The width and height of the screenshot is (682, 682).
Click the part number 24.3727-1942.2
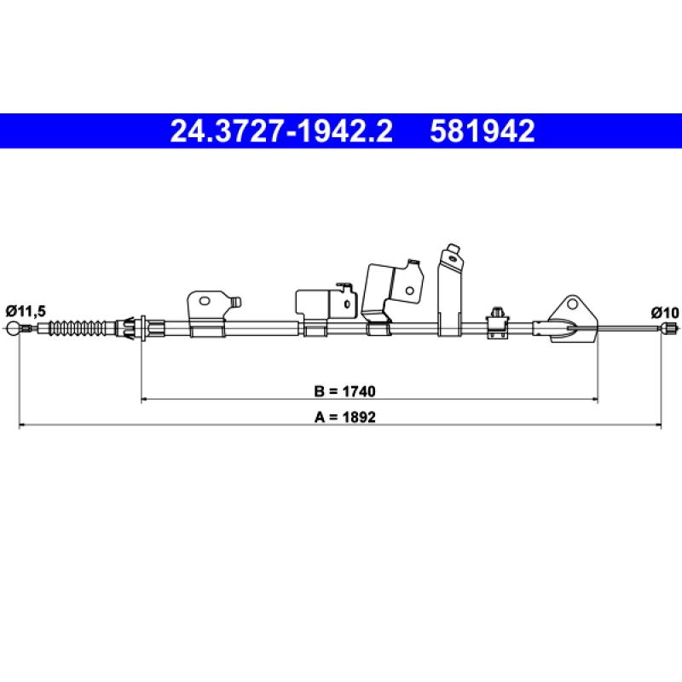tap(281, 131)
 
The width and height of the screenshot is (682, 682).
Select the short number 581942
tap(483, 131)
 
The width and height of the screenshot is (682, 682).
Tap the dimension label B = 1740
tap(344, 391)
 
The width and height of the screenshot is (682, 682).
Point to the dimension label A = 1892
tap(344, 417)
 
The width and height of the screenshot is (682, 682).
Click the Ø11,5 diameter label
tap(26, 311)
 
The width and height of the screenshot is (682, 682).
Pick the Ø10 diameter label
tap(665, 312)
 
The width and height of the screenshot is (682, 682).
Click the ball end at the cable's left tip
tap(13, 328)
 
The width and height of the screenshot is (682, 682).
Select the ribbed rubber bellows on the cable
tap(77, 328)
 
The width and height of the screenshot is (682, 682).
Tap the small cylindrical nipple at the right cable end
tap(668, 329)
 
